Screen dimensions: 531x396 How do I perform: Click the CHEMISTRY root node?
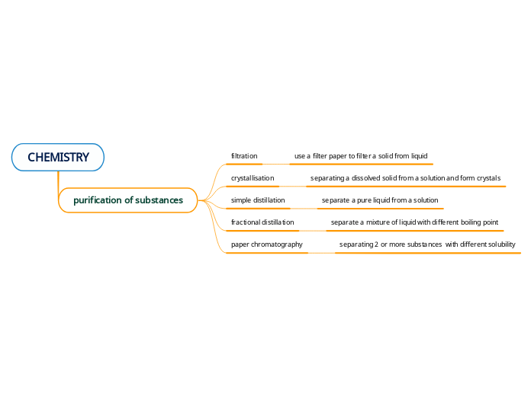pyautogui.click(x=58, y=158)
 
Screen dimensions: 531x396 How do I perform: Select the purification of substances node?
pyautogui.click(x=127, y=200)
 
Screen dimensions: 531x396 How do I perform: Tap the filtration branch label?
pyautogui.click(x=244, y=156)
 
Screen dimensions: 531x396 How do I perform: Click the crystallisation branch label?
pyautogui.click(x=253, y=178)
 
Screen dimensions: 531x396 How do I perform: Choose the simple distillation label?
pyautogui.click(x=258, y=200)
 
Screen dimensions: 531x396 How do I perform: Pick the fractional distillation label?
pyautogui.click(x=262, y=222)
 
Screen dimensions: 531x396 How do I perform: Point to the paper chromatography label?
pyautogui.click(x=266, y=244)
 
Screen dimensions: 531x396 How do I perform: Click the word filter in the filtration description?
pyautogui.click(x=320, y=156)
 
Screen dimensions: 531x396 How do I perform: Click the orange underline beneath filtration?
pyautogui.click(x=244, y=164)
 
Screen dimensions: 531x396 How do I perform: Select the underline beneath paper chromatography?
pyautogui.click(x=267, y=252)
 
